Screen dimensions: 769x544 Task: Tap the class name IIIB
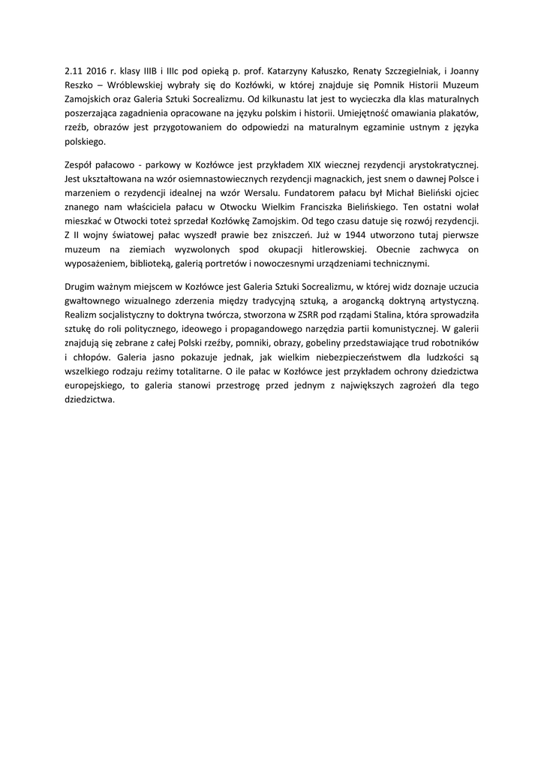point(153,71)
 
